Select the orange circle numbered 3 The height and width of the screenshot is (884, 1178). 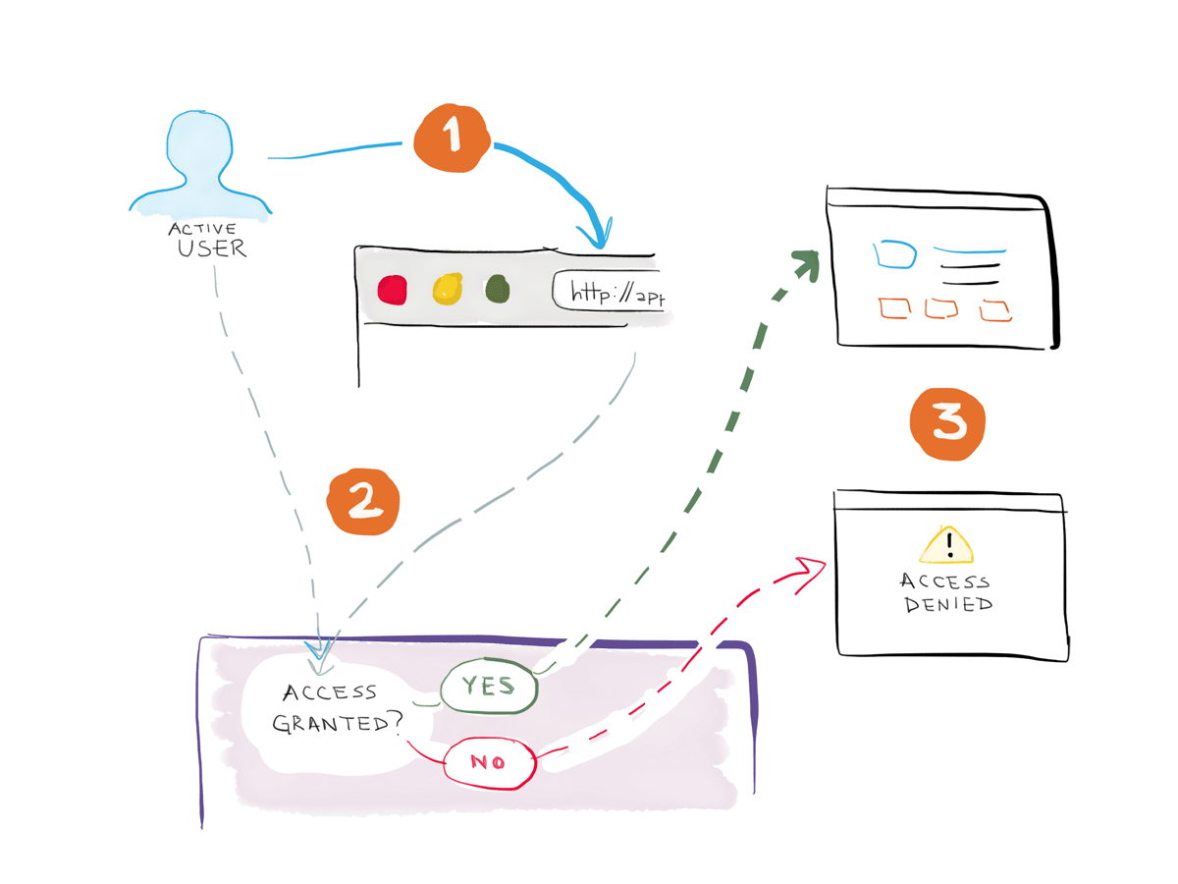947,422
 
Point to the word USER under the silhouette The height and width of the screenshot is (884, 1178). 212,248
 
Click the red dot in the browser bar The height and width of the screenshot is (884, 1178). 393,290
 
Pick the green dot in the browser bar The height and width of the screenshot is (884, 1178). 498,289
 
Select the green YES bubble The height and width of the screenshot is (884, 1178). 489,688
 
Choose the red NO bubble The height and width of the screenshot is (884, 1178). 490,762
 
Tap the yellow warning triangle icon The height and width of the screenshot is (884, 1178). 947,544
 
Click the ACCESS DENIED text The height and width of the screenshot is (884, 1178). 947,593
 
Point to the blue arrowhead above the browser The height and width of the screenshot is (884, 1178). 597,237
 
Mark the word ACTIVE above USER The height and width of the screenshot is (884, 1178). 201,228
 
